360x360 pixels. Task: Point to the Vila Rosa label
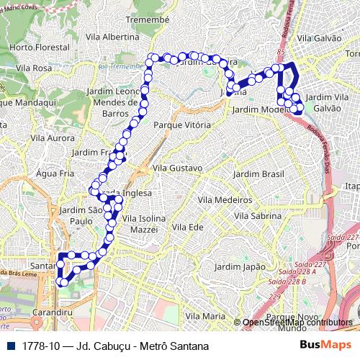click(x=33, y=68)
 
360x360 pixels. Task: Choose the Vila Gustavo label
click(x=177, y=168)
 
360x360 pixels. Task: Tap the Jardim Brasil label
click(x=259, y=174)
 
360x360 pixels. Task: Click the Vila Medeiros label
click(x=223, y=199)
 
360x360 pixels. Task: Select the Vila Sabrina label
click(x=257, y=215)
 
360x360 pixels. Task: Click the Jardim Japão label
click(x=245, y=266)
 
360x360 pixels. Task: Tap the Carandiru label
click(x=53, y=313)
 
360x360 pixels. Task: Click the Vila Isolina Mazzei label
click(x=144, y=222)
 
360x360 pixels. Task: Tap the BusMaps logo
click(x=325, y=345)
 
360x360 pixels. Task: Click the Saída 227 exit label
click(x=342, y=238)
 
